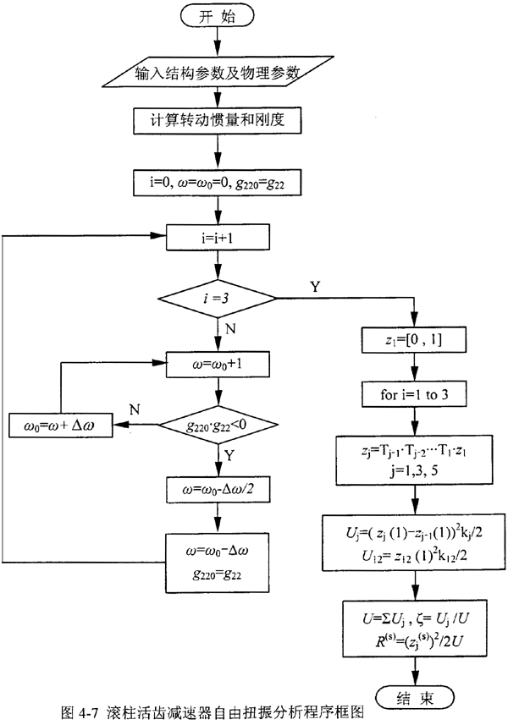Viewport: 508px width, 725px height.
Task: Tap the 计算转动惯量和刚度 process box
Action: [219, 120]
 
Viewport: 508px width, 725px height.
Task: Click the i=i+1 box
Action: [219, 239]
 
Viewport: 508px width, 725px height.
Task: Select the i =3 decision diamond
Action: [219, 298]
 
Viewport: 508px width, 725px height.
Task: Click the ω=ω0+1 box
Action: [219, 365]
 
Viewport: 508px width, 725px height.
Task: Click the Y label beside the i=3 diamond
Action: [316, 287]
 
